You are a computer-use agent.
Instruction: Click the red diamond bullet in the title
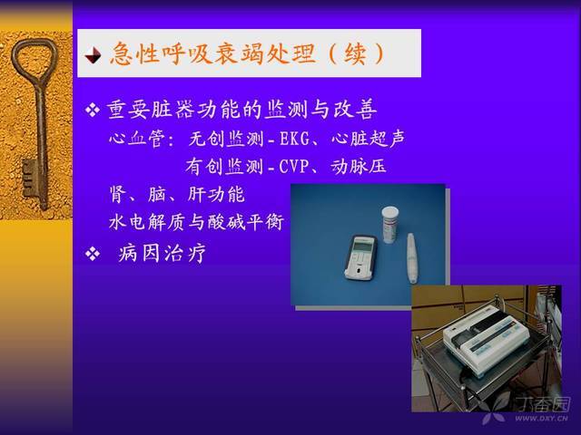click(93, 55)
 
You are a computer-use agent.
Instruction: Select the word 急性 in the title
click(132, 54)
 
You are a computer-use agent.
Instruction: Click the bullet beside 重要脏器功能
click(93, 110)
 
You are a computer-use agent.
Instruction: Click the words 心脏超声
click(368, 139)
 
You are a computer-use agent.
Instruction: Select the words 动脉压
click(359, 167)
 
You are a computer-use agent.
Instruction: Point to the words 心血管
click(136, 139)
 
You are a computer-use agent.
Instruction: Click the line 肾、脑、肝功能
click(177, 194)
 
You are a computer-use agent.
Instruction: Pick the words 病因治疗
click(162, 254)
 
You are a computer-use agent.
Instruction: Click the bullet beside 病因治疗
click(93, 254)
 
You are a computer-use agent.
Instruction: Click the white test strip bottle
click(390, 225)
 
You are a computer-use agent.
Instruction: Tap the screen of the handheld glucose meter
click(362, 245)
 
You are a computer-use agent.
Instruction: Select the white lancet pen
click(412, 257)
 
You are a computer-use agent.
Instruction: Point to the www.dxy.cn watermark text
click(541, 419)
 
